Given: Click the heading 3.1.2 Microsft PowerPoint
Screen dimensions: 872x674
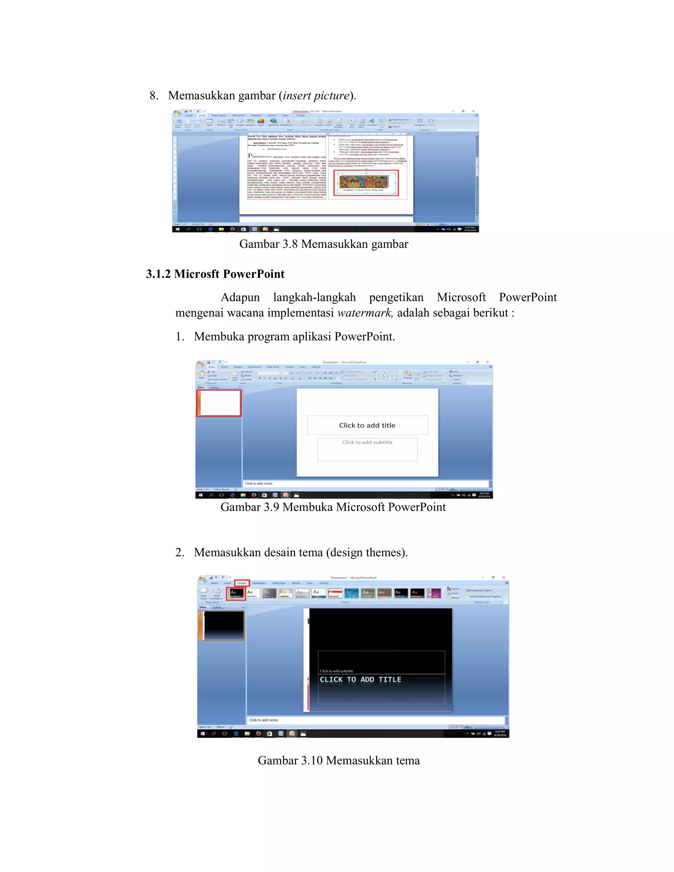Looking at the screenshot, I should [x=215, y=274].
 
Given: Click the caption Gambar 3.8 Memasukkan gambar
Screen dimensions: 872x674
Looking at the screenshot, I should [x=324, y=244].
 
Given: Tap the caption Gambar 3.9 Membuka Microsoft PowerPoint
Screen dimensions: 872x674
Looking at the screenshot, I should [x=333, y=507].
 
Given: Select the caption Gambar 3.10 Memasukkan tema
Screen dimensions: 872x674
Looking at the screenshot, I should [x=339, y=760].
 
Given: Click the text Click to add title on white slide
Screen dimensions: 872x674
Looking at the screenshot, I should [x=367, y=425].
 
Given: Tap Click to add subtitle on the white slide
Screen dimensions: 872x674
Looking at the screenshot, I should [x=367, y=442].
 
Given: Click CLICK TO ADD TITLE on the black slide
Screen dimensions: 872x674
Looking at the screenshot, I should [x=360, y=680].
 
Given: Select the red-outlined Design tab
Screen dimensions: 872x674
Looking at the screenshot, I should [x=242, y=583].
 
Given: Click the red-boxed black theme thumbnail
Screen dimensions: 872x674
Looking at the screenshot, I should [x=236, y=593].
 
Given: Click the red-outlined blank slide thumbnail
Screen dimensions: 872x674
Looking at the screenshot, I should [x=219, y=403].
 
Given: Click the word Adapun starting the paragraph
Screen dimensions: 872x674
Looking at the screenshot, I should [x=240, y=297].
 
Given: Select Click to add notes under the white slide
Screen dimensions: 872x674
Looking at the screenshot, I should [x=259, y=483].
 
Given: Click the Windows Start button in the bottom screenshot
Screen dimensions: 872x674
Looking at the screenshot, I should [x=202, y=733].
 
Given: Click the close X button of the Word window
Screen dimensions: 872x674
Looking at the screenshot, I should [x=473, y=111].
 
